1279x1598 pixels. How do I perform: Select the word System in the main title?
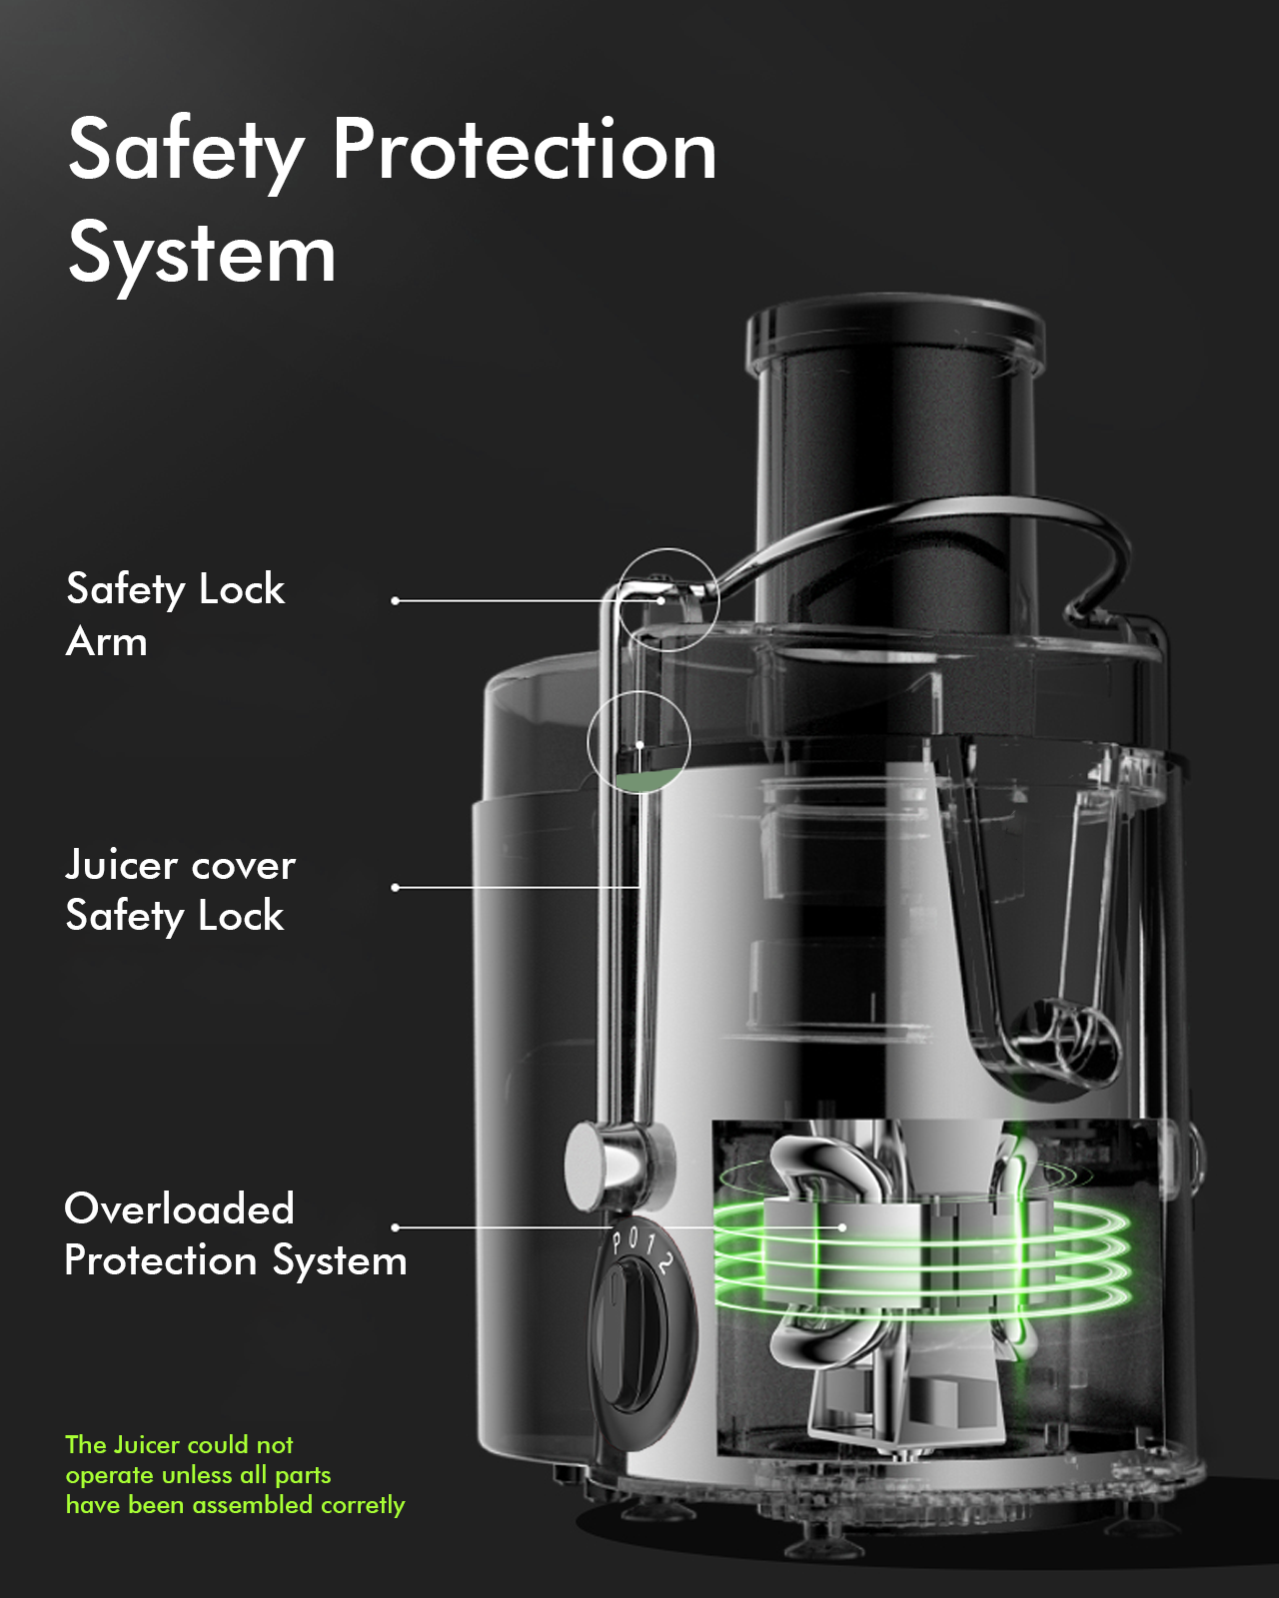click(202, 255)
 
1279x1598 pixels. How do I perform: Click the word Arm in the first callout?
click(107, 642)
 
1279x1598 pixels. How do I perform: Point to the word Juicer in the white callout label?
click(121, 865)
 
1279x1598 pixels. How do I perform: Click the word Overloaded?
click(180, 1209)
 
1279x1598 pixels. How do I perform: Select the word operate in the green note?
click(109, 1475)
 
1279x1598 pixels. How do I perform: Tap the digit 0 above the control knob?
click(633, 1237)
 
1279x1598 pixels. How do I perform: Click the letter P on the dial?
click(618, 1242)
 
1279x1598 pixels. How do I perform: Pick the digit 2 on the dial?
click(664, 1263)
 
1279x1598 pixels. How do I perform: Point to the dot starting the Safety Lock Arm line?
click(396, 600)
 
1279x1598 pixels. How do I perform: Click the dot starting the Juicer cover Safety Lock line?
click(396, 887)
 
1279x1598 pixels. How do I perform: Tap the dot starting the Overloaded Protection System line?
click(396, 1227)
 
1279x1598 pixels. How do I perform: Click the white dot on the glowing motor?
click(842, 1227)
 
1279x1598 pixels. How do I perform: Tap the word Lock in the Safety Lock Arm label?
click(242, 589)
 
